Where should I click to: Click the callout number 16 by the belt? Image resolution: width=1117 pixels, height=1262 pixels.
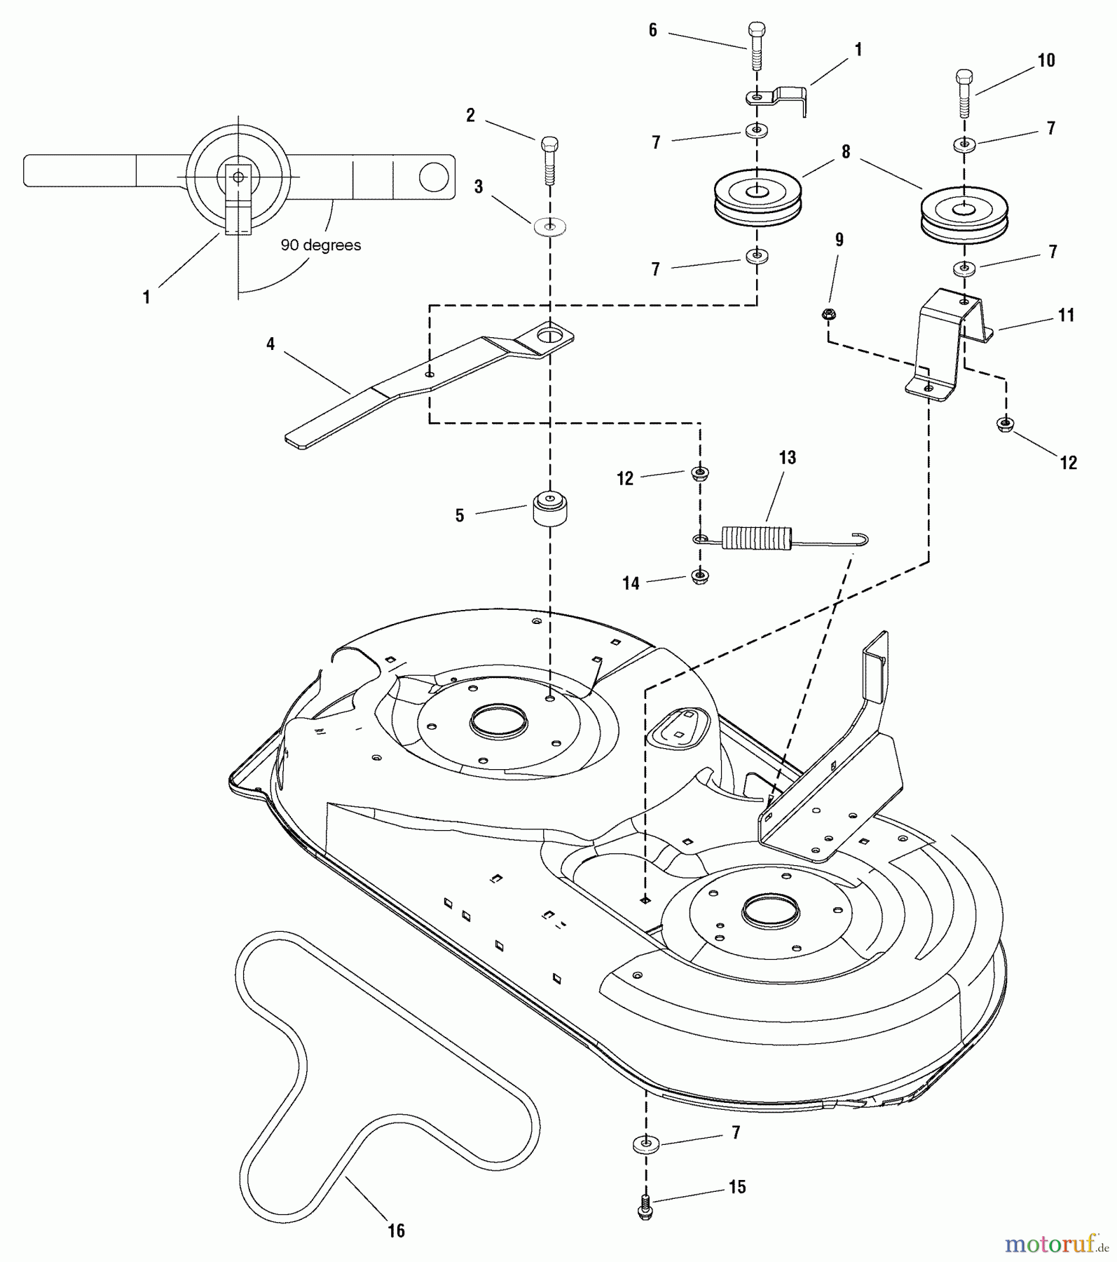397,1231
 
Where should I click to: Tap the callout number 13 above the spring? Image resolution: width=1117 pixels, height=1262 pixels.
787,458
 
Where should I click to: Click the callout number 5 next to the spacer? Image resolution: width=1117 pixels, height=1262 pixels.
460,516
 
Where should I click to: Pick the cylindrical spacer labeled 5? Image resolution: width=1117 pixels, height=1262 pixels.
550,508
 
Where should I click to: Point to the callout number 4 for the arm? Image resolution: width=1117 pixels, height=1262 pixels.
270,344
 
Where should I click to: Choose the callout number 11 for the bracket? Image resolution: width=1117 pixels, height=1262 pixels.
1066,315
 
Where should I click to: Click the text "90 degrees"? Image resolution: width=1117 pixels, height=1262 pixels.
321,245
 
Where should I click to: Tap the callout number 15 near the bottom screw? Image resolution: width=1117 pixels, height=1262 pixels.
737,1187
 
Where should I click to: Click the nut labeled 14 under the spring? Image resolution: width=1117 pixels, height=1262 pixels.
699,576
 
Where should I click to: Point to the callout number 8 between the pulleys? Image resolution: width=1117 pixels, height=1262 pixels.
846,152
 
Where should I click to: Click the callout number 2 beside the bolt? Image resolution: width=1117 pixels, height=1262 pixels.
470,116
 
